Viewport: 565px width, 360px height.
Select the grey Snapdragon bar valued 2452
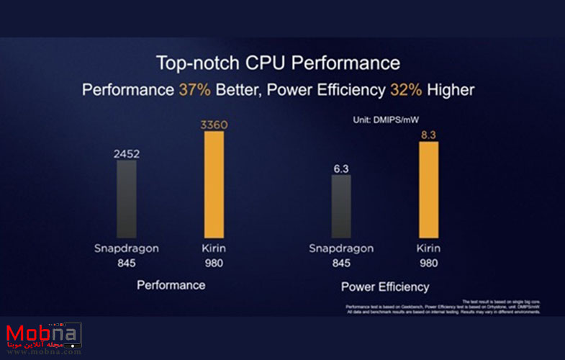(127, 197)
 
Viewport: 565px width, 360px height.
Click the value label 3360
(214, 125)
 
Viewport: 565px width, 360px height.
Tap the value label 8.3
(428, 134)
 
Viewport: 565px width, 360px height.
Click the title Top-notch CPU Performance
(277, 63)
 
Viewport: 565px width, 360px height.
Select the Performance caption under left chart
(171, 285)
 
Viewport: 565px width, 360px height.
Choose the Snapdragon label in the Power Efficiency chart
(341, 248)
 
